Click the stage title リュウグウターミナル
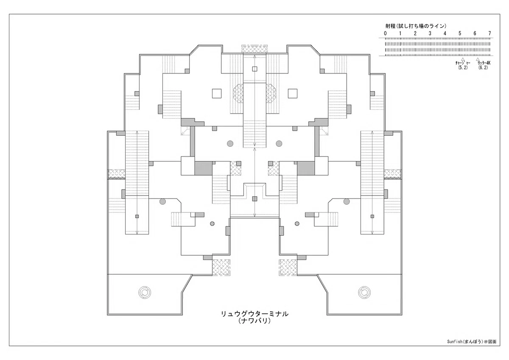[x=255, y=314]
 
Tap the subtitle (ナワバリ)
[x=255, y=321]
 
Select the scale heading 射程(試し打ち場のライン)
[x=416, y=26]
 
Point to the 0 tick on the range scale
[x=385, y=33]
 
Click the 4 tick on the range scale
[x=445, y=33]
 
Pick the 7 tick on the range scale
[x=489, y=33]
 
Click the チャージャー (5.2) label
[x=463, y=65]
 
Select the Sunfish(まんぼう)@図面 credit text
[x=472, y=348]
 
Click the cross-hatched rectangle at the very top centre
[x=255, y=49]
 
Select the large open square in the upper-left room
[x=217, y=93]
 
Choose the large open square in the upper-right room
[x=292, y=93]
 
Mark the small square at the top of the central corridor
[x=255, y=69]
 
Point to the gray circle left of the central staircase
[x=230, y=144]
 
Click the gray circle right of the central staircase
[x=279, y=144]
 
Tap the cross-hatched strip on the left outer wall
[x=116, y=174]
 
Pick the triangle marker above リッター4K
[x=478, y=59]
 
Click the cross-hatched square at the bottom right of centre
[x=288, y=268]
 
